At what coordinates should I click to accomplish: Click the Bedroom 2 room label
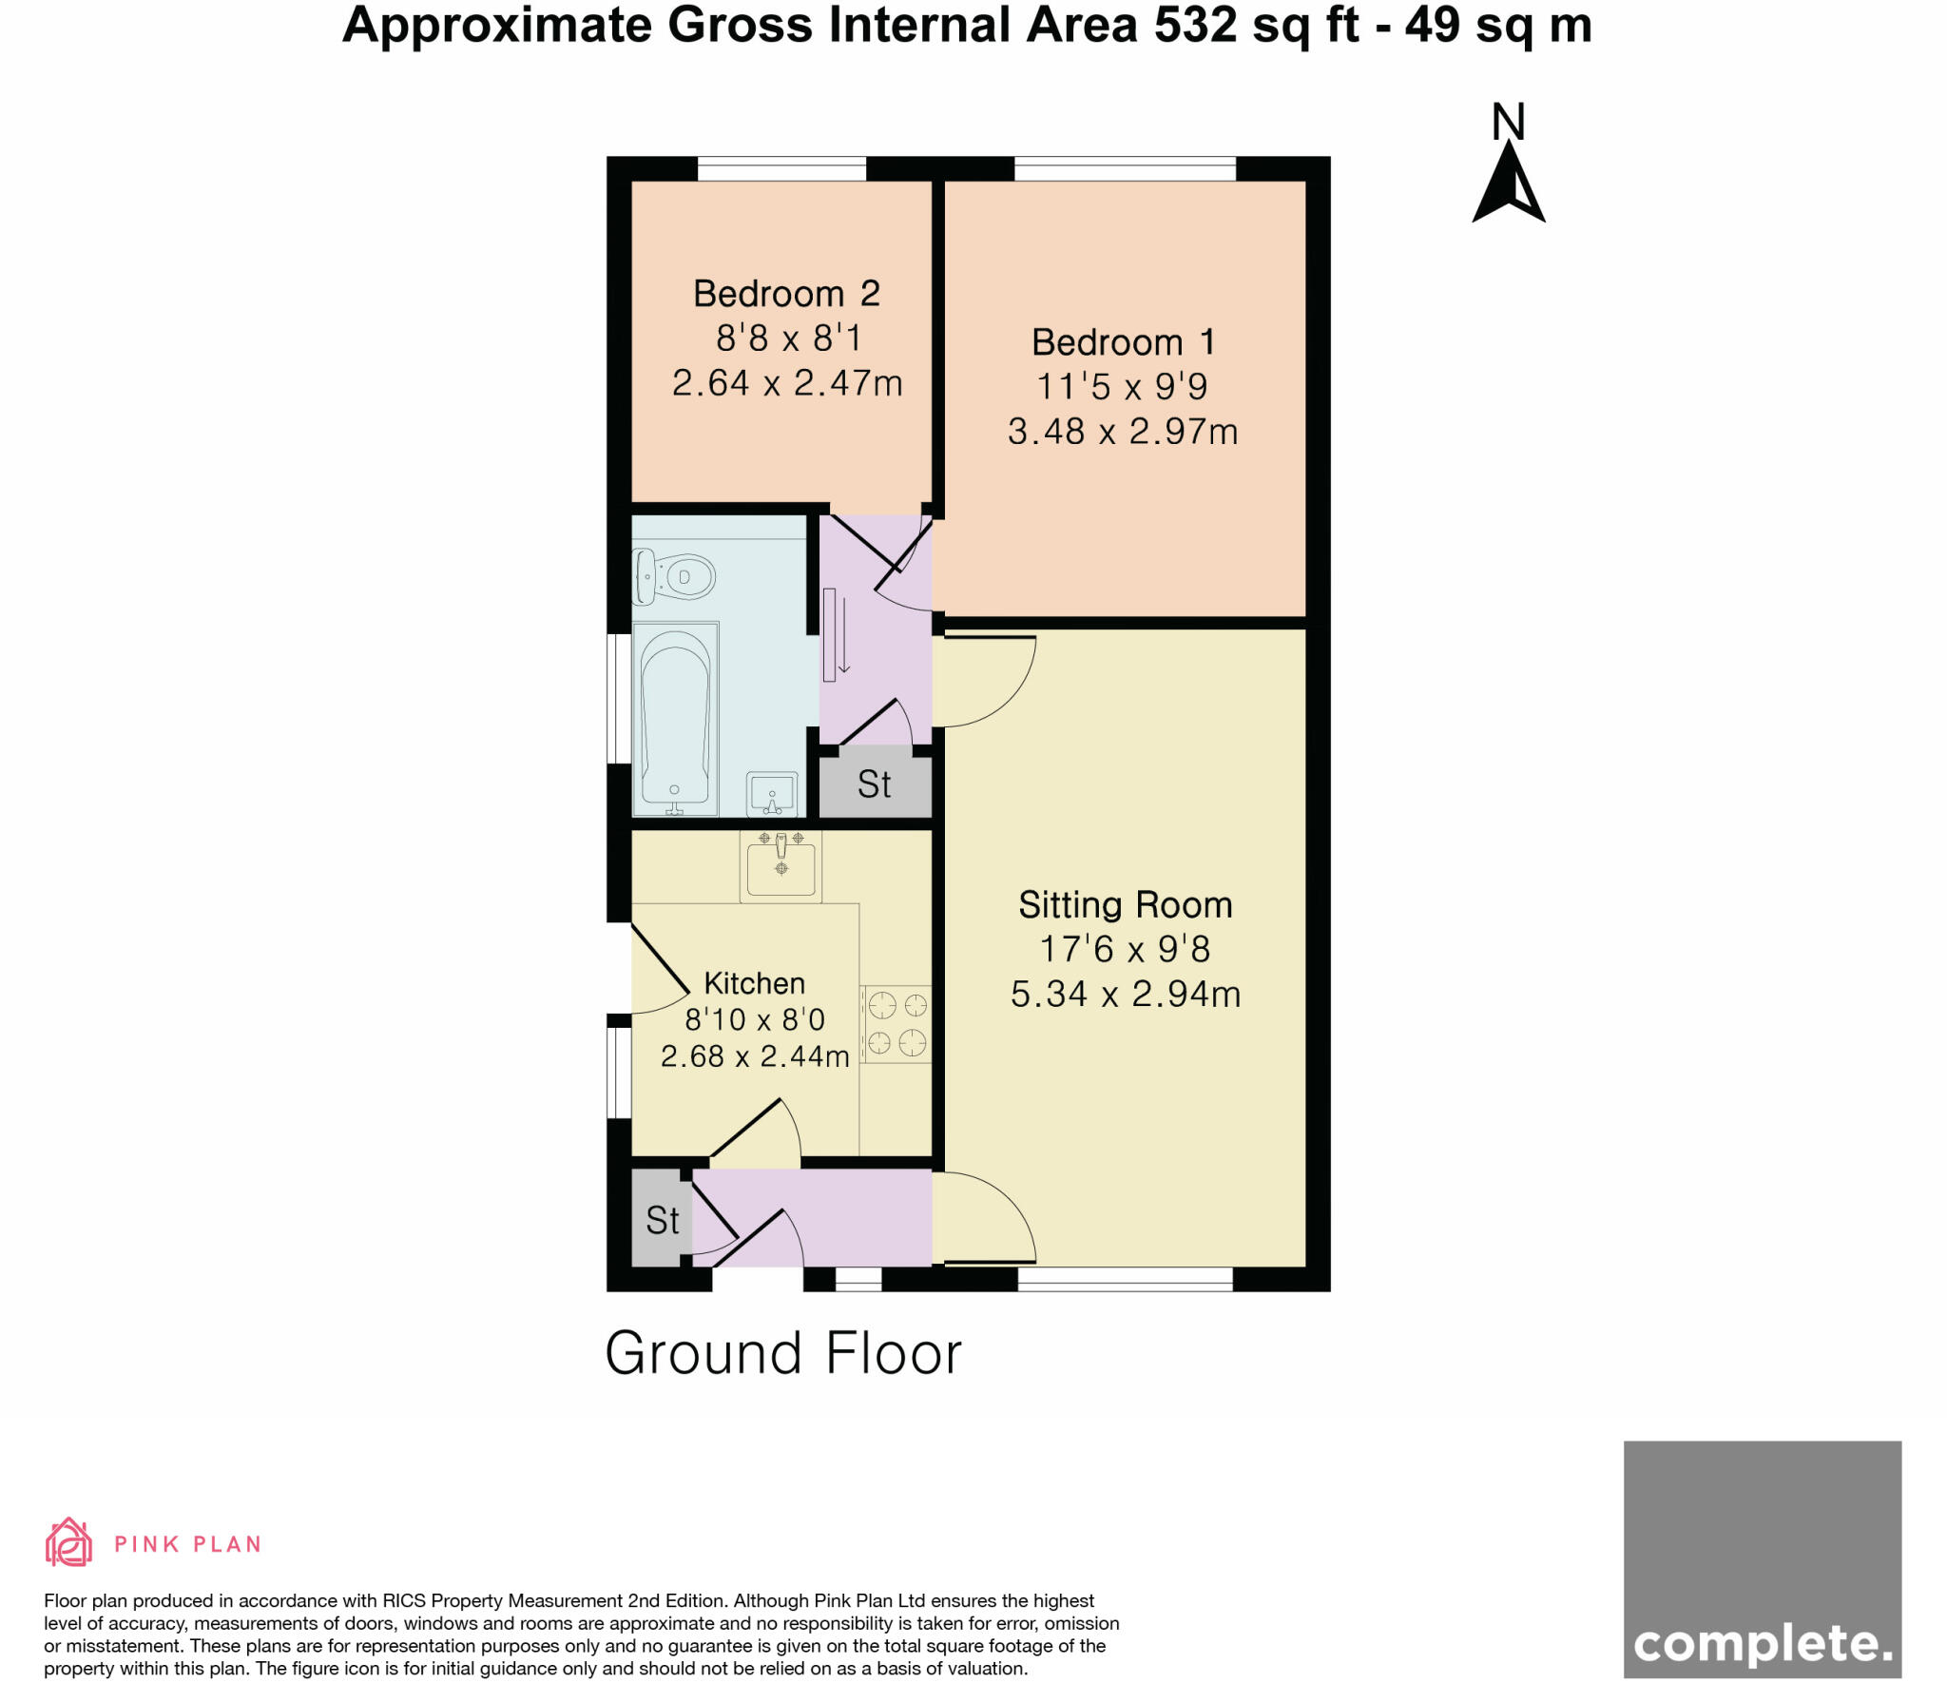pyautogui.click(x=786, y=294)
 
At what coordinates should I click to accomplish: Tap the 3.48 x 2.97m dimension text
pyautogui.click(x=1123, y=432)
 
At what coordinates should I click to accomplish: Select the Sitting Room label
pyautogui.click(x=1125, y=904)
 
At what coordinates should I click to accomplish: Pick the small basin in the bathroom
pyautogui.click(x=772, y=794)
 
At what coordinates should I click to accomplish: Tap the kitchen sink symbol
pyautogui.click(x=781, y=866)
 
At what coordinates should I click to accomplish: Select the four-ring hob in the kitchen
pyautogui.click(x=896, y=1023)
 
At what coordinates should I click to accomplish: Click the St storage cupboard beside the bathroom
pyautogui.click(x=875, y=784)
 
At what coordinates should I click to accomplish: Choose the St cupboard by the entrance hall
pyautogui.click(x=662, y=1220)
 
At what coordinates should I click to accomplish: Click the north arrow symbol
pyautogui.click(x=1509, y=185)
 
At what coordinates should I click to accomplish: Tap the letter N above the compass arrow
pyautogui.click(x=1509, y=123)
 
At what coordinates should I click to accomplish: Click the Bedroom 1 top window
pyautogui.click(x=1125, y=169)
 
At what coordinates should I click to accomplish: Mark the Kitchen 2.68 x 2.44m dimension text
pyautogui.click(x=754, y=1056)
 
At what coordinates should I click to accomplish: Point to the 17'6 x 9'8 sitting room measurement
pyautogui.click(x=1125, y=949)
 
